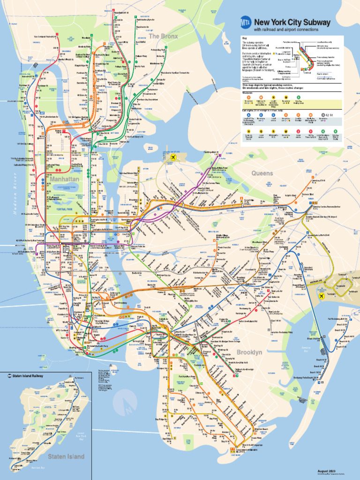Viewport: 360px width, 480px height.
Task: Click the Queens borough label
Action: (262, 173)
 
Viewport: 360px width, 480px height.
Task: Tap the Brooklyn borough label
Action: (249, 352)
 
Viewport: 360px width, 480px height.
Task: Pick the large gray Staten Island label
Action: (66, 456)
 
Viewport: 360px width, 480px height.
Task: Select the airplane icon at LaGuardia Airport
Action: (174, 157)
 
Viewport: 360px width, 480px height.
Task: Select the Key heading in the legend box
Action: (244, 38)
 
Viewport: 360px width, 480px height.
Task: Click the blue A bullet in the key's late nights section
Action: (248, 114)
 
